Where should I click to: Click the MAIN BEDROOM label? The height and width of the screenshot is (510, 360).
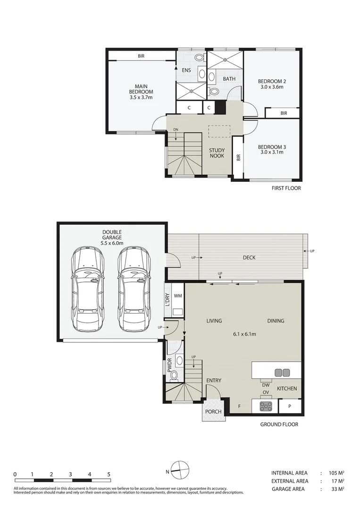(x=141, y=88)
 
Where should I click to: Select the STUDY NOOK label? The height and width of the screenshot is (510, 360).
(x=217, y=153)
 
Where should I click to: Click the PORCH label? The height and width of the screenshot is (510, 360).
(x=213, y=411)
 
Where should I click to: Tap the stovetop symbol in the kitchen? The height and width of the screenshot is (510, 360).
(x=265, y=406)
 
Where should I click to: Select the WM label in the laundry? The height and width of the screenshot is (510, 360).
(x=178, y=296)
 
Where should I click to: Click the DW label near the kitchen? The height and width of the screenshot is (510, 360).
(x=266, y=385)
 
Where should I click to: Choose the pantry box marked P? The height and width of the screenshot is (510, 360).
(x=290, y=406)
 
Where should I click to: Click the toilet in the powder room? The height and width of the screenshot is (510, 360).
(x=174, y=375)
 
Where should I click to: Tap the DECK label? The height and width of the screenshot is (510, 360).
(x=249, y=257)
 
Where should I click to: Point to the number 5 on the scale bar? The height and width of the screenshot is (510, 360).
(x=109, y=474)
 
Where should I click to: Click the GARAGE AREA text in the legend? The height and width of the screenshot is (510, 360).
(x=288, y=489)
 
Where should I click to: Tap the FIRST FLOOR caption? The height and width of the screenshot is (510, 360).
(x=286, y=188)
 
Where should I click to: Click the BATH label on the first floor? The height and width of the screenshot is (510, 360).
(x=229, y=79)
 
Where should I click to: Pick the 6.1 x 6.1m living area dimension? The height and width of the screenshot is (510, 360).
(x=244, y=334)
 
